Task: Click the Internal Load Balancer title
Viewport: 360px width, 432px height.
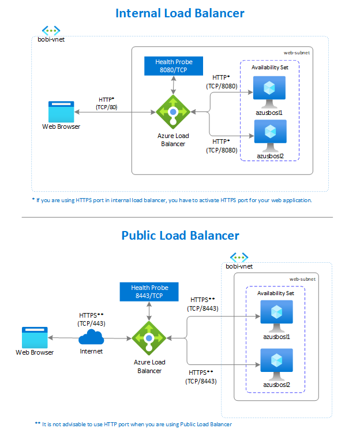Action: coord(180,13)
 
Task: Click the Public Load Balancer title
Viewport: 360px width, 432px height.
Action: coord(180,236)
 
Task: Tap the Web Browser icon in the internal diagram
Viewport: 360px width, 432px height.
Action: coord(61,111)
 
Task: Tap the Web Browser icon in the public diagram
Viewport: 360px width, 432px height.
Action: coord(35,337)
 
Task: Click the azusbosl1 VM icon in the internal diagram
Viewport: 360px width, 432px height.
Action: coord(269,90)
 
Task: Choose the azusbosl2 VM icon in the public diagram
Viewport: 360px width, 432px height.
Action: coord(276,362)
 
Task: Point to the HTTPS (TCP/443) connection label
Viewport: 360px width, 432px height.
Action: coord(91,319)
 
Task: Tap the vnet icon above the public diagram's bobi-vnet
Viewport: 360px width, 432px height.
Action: coord(239,256)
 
